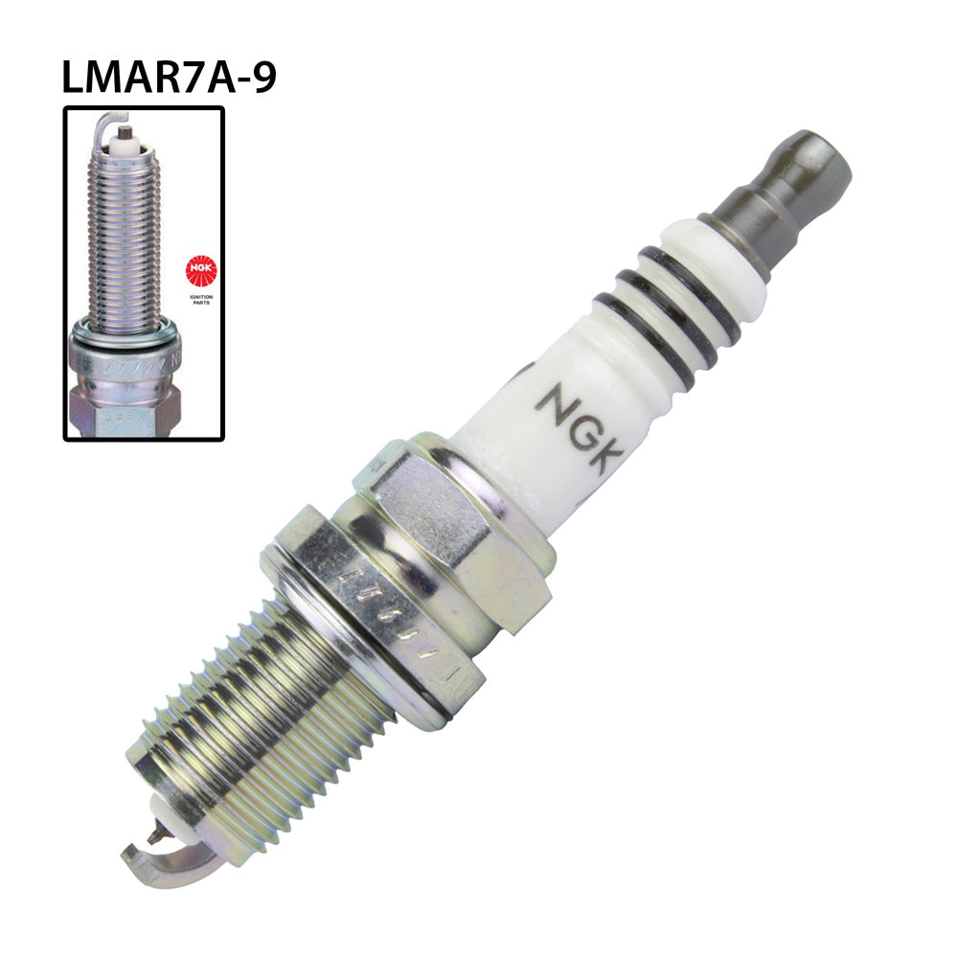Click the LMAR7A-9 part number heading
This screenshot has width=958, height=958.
[x=169, y=76]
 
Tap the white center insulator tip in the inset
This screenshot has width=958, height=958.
[x=122, y=144]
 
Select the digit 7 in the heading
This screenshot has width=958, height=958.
[x=193, y=76]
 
